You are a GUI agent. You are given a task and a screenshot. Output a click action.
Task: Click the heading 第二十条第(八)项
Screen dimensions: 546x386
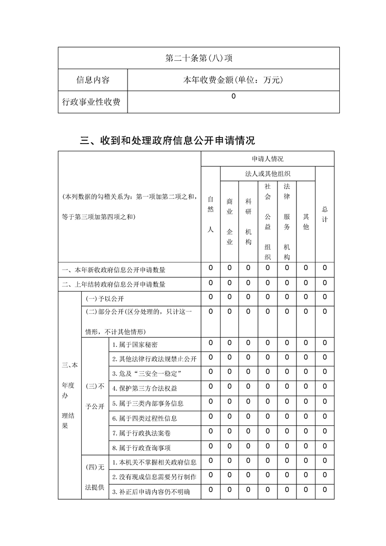(199, 58)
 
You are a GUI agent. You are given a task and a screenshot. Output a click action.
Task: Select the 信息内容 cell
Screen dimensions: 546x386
(92, 80)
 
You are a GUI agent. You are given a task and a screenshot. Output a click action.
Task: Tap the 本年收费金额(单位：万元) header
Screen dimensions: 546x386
(233, 80)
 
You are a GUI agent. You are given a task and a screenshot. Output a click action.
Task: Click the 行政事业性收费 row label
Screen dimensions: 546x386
(92, 102)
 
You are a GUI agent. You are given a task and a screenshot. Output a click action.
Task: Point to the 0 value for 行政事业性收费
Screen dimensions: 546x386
(233, 96)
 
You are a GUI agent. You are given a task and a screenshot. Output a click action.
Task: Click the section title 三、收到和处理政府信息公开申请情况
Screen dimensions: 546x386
(167, 141)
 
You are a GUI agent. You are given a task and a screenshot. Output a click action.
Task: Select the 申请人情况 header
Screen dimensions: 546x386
(267, 159)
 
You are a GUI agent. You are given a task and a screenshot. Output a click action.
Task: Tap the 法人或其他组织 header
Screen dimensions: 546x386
(267, 173)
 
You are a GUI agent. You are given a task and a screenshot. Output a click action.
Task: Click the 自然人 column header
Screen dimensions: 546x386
(210, 214)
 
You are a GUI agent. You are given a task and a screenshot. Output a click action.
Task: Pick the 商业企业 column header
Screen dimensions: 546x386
(229, 221)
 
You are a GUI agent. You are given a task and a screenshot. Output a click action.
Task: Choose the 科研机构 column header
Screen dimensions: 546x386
(248, 221)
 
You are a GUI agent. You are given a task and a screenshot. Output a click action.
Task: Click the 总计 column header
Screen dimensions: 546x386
(325, 214)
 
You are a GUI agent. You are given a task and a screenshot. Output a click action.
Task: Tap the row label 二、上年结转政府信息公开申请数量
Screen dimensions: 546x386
(117, 285)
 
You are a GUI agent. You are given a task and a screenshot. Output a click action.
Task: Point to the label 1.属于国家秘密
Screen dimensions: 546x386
(135, 345)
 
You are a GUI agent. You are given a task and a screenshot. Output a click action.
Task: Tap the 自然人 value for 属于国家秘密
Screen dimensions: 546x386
(210, 343)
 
